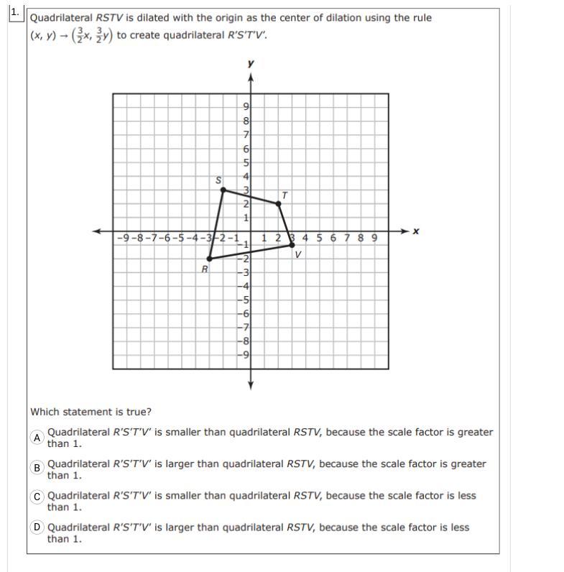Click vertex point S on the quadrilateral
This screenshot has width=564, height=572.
point(223,190)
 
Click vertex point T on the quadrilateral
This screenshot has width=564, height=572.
point(278,203)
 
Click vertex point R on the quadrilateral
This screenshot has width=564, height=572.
point(209,258)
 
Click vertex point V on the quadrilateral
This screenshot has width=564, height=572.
point(292,244)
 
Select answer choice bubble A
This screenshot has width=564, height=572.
point(37,438)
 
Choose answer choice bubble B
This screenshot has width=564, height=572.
point(37,468)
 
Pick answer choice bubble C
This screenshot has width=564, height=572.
point(37,496)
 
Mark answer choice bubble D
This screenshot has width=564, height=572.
point(37,527)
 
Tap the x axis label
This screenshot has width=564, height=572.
point(415,231)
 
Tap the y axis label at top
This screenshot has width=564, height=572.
point(250,64)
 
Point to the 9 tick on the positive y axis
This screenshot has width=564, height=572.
point(245,107)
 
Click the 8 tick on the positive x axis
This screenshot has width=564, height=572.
point(361,237)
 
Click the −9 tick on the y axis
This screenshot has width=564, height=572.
point(244,354)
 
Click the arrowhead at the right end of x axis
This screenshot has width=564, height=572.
point(404,231)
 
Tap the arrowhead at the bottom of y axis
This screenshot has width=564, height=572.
point(250,386)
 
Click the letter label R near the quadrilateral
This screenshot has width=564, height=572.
point(204,269)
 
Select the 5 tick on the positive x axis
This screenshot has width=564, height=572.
point(320,237)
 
